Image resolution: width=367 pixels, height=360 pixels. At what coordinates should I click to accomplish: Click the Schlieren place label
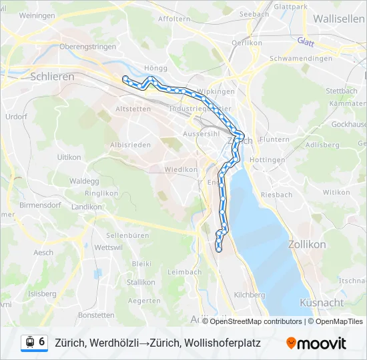[52, 77]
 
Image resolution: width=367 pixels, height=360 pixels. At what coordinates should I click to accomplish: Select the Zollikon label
[307, 245]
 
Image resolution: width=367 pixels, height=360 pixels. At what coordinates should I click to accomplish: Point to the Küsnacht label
[322, 302]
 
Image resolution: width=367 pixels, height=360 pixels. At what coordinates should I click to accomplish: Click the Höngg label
[155, 68]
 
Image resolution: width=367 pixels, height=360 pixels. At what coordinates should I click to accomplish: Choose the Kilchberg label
[250, 294]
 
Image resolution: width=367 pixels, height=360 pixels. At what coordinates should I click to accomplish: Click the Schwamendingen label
[301, 59]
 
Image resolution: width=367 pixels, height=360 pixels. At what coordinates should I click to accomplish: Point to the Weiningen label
[37, 15]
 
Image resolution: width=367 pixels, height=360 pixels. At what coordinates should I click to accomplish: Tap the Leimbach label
[184, 272]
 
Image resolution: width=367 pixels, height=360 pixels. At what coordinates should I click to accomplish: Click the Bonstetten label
[97, 315]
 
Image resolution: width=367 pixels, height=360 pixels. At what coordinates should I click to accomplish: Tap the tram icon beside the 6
[29, 342]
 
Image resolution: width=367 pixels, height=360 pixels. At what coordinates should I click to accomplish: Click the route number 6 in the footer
[42, 342]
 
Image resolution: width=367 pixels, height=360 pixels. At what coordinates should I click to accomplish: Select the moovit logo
[316, 343]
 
